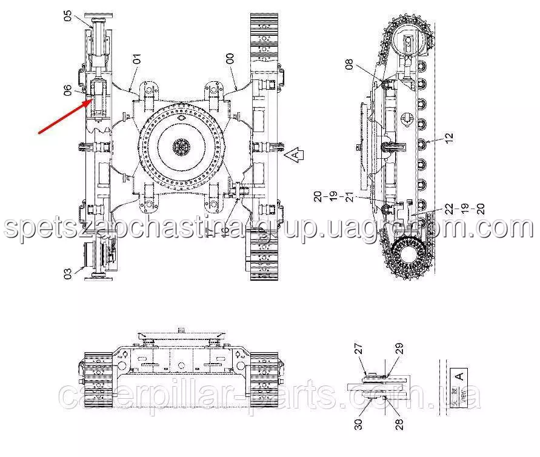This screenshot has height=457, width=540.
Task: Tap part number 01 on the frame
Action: click(x=137, y=59)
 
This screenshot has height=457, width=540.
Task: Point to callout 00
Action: click(x=230, y=59)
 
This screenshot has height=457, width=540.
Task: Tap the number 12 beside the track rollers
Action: click(x=448, y=138)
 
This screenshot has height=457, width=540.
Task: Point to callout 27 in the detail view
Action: click(x=358, y=349)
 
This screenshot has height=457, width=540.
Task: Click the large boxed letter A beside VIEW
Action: click(x=459, y=376)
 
